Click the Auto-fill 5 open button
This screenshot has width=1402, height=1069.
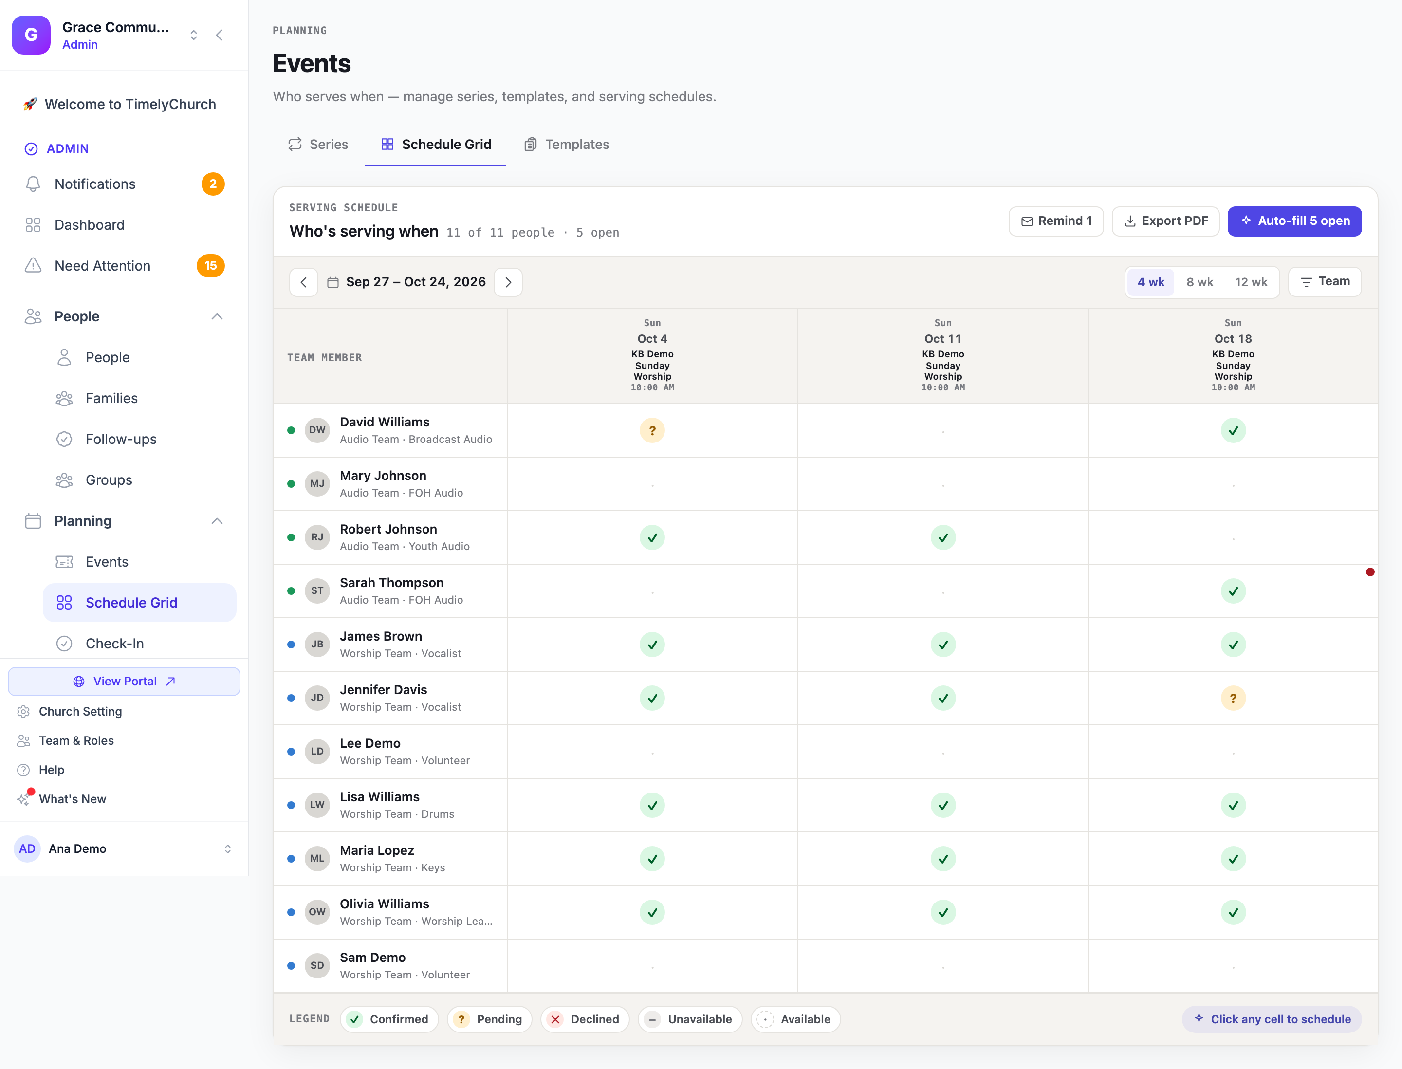coord(1294,221)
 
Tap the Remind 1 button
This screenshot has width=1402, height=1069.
coord(1056,221)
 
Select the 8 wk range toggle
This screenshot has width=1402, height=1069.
coord(1199,282)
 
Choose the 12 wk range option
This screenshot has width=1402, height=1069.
coord(1251,282)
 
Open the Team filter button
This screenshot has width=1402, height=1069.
coord(1325,281)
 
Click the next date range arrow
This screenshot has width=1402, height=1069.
coord(508,282)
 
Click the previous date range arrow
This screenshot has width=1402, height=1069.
coord(304,282)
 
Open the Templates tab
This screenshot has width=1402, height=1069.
coord(567,145)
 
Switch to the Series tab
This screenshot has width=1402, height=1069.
coord(318,145)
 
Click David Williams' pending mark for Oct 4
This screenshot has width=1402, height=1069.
coord(652,430)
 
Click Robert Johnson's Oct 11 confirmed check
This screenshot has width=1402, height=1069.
coord(943,538)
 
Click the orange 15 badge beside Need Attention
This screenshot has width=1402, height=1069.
coord(211,265)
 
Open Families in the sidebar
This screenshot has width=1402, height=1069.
coord(111,398)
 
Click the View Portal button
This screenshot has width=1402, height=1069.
coord(124,681)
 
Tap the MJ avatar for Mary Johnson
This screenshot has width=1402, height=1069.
coord(317,483)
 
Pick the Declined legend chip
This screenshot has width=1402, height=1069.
coord(584,1019)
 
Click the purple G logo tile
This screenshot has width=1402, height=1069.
coord(31,35)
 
